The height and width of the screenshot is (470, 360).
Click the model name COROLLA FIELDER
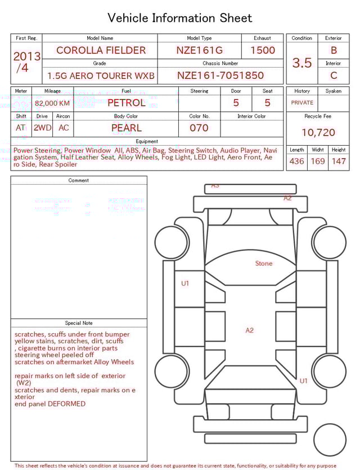click(100, 50)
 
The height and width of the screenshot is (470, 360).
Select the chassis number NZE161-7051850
click(220, 75)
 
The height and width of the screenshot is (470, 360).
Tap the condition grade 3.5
click(302, 62)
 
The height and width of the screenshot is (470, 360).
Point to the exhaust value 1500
click(263, 50)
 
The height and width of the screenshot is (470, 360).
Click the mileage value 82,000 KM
click(52, 104)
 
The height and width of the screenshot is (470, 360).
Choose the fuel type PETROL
click(126, 103)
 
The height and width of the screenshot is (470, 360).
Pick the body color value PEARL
click(126, 128)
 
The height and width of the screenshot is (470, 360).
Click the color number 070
click(199, 128)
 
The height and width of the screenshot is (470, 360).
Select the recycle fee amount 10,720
click(318, 133)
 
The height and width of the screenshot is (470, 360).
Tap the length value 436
click(296, 162)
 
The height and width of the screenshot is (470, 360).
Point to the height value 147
click(339, 162)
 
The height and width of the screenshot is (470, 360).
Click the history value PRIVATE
click(302, 103)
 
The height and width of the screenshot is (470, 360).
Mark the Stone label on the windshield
click(263, 263)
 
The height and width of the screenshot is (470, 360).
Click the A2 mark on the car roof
click(249, 330)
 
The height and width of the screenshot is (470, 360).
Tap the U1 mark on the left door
click(185, 283)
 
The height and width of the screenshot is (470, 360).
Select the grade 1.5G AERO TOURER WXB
click(100, 75)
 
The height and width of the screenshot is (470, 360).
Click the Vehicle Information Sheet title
click(180, 18)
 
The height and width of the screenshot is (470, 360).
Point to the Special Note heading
click(79, 323)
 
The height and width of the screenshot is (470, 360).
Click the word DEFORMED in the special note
click(66, 404)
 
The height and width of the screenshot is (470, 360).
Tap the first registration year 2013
click(26, 57)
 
